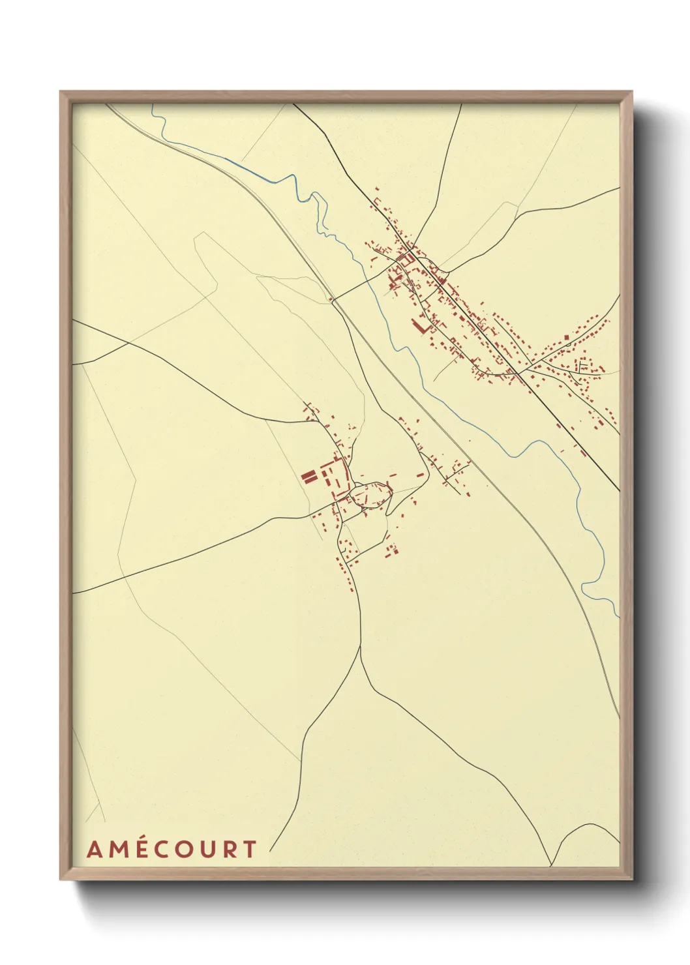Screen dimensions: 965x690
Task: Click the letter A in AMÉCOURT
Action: [94, 850]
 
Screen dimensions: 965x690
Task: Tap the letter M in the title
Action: [117, 850]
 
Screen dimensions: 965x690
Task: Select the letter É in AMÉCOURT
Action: [140, 850]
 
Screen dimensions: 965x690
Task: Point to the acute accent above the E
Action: [141, 837]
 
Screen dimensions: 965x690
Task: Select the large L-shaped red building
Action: [419, 326]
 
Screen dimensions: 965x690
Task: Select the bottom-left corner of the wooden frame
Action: [61, 880]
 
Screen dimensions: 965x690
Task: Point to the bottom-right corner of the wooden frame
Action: [632, 880]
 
